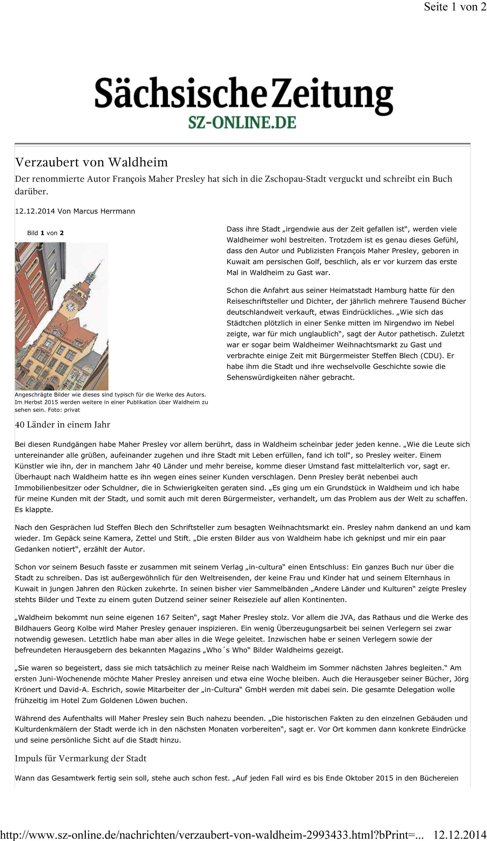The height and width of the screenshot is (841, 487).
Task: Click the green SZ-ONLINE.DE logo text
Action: [242, 122]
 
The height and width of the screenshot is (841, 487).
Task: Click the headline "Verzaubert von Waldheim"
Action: [91, 162]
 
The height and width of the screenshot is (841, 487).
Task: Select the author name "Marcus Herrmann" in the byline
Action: [104, 211]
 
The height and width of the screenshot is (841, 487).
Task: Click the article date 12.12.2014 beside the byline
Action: [35, 211]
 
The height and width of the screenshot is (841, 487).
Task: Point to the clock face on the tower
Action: [71, 306]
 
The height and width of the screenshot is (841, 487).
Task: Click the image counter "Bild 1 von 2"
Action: [45, 233]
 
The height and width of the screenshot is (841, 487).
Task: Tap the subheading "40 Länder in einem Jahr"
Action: [62, 424]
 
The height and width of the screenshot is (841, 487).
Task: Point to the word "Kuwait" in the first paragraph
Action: [237, 262]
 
